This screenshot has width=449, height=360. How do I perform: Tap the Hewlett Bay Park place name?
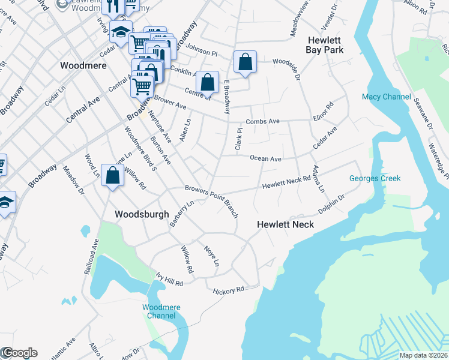(x=325, y=45)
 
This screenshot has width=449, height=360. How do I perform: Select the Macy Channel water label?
(x=387, y=97)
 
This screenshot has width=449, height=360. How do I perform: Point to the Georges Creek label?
(x=375, y=178)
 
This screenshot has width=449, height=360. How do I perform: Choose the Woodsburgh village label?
(x=142, y=214)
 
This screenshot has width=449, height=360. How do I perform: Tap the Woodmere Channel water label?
(x=161, y=311)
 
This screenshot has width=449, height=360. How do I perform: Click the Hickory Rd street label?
(x=228, y=290)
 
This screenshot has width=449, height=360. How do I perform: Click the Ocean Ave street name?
(x=266, y=159)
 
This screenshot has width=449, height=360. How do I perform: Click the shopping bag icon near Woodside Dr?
(x=246, y=62)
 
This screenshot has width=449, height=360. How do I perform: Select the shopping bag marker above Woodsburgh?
(x=112, y=175)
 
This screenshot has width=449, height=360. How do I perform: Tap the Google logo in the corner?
(x=19, y=353)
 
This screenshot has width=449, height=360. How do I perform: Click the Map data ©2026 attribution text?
(x=423, y=355)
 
